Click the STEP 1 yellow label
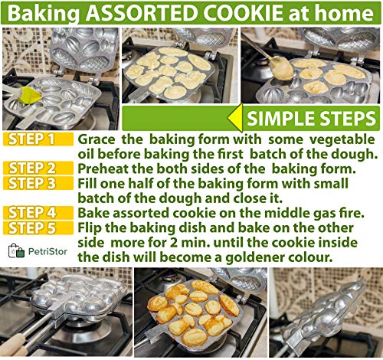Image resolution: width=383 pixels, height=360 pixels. tap(38, 139)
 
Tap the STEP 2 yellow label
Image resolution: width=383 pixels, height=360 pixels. tap(38, 169)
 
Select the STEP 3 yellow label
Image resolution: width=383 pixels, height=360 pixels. tap(38, 183)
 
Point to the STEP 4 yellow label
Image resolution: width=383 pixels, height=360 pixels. tap(38, 213)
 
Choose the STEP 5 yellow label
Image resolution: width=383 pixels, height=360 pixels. tap(38, 228)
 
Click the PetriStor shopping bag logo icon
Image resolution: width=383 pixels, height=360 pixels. tap(16, 250)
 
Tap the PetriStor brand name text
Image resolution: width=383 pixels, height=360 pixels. tap(47, 252)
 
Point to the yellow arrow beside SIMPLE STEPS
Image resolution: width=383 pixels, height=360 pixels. tap(235, 118)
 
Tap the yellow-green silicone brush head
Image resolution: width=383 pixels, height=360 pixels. tap(31, 96)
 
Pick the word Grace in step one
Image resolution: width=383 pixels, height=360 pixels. tap(97, 140)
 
